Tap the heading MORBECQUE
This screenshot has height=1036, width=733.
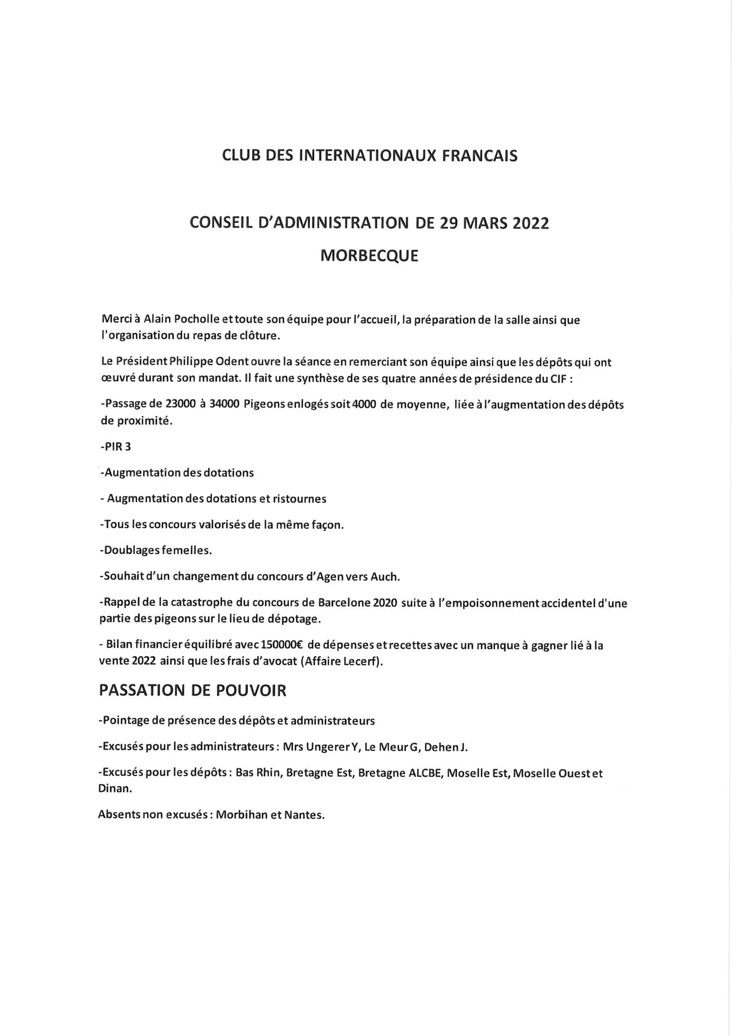[x=369, y=256]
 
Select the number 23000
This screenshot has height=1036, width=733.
[x=180, y=404]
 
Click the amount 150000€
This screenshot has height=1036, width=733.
[x=280, y=646]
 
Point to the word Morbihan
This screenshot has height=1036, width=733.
[x=242, y=815]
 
